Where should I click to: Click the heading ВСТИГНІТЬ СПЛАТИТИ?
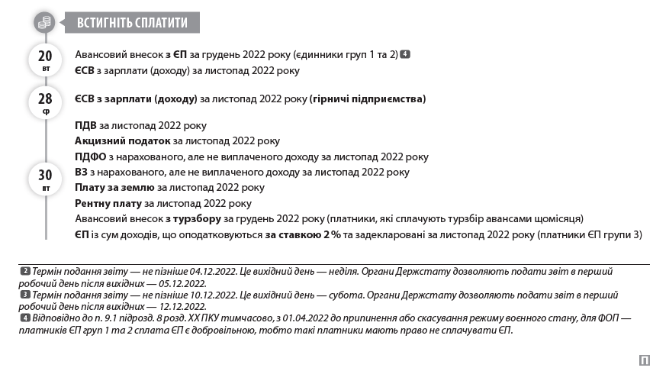[x=132, y=23]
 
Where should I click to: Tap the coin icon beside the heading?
[x=45, y=23]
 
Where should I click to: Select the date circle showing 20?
[x=45, y=59]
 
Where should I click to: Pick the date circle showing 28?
[x=45, y=102]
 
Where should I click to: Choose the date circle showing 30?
[x=45, y=178]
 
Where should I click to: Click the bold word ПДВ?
[x=86, y=125]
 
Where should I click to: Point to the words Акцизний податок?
[x=122, y=140]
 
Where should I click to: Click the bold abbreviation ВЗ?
[x=82, y=172]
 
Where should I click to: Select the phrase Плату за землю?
[x=114, y=187]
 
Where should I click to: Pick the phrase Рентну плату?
[x=108, y=203]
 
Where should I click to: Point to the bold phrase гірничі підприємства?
[x=368, y=99]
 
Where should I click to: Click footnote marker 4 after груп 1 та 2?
[x=405, y=54]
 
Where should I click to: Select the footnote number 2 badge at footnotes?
[x=25, y=271]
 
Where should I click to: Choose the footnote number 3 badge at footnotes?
[x=25, y=294]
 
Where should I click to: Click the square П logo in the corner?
[x=644, y=360]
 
